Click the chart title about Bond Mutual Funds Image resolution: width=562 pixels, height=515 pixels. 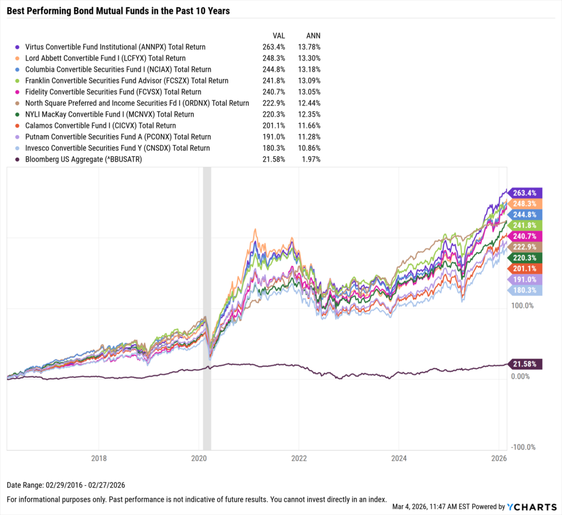tap(118, 10)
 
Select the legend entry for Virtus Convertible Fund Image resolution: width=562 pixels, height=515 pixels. tap(111, 47)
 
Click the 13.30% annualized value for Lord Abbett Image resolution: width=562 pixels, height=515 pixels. tap(309, 58)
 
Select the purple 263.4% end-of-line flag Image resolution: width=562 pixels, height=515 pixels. tap(526, 193)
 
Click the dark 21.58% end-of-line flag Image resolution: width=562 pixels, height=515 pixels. tap(526, 364)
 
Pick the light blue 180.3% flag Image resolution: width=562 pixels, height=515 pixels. tap(526, 291)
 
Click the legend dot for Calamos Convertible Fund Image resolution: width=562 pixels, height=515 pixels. tap(18, 126)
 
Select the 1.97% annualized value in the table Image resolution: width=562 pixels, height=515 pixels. tap(310, 159)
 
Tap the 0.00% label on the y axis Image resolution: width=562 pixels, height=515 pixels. tap(520, 377)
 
